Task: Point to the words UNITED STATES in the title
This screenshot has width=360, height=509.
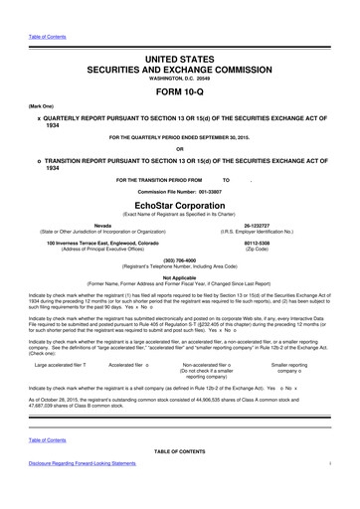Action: (180, 33)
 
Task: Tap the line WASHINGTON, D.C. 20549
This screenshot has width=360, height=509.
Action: (180, 58)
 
